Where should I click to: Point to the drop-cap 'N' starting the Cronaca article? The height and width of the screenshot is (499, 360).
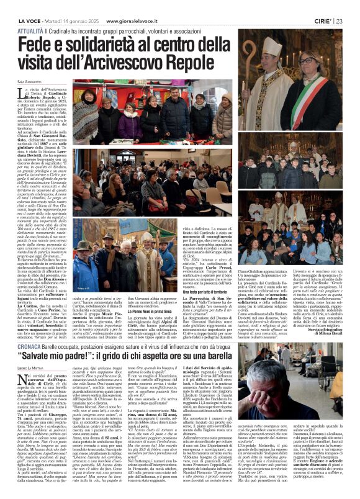(39, 384)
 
